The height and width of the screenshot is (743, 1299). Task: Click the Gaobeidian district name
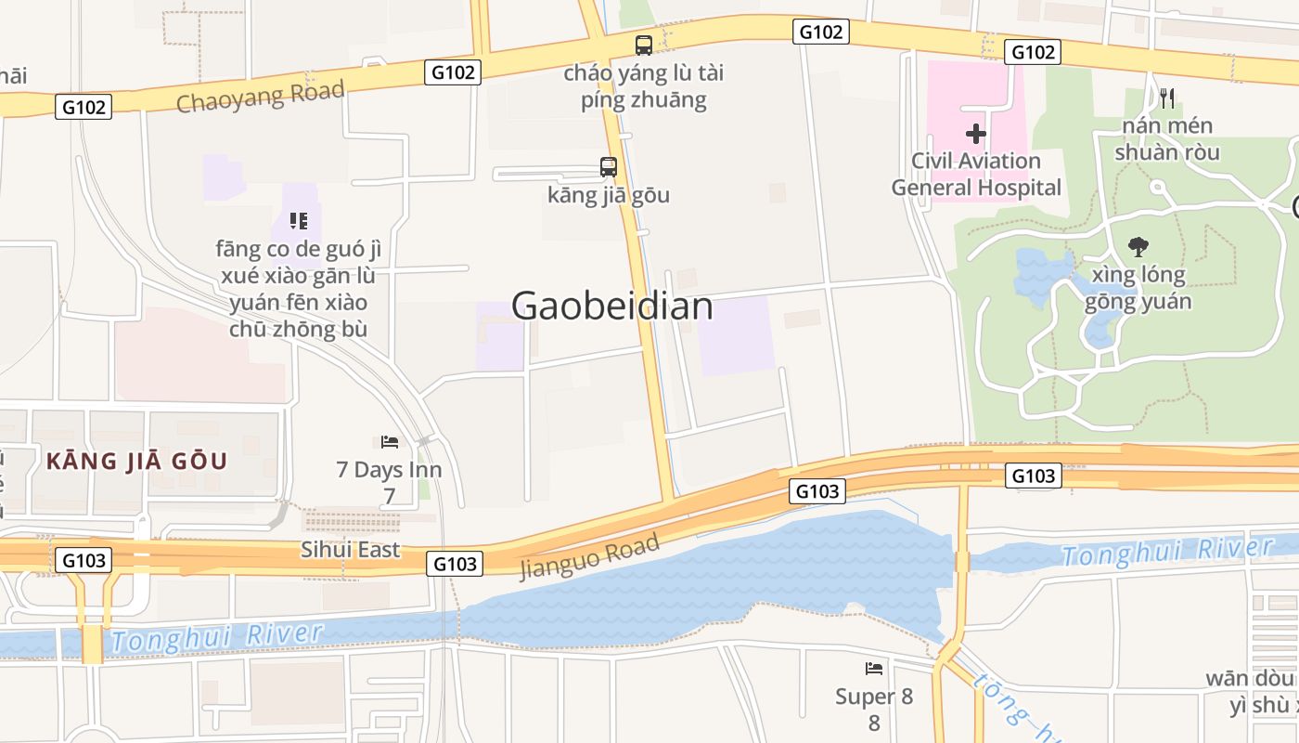point(611,306)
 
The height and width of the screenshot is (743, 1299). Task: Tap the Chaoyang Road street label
point(260,96)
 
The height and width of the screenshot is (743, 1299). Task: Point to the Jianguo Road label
point(590,555)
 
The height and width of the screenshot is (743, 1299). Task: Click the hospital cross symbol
point(975,134)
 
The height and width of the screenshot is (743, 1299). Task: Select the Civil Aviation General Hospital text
point(976,174)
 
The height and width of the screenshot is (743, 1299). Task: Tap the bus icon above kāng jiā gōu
point(609,167)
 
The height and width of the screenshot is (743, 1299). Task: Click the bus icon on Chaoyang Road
point(643,45)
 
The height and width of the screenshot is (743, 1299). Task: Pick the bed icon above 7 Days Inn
point(390,442)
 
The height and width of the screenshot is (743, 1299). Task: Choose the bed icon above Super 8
point(874,669)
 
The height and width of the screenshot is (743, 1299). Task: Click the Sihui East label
point(351,549)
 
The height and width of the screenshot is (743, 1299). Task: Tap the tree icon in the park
point(1138,247)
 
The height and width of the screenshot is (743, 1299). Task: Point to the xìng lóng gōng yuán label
point(1138,288)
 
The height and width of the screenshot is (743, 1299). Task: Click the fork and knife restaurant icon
point(1167,98)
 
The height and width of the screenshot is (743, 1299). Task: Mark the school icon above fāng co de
point(298,221)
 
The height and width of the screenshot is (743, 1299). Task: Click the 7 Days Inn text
point(389,470)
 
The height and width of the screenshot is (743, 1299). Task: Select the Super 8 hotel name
point(874,697)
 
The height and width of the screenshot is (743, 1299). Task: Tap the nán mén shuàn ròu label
point(1166,138)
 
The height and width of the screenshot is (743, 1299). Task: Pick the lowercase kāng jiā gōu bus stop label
point(609,195)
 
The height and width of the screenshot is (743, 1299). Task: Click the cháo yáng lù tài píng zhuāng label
point(644,86)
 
